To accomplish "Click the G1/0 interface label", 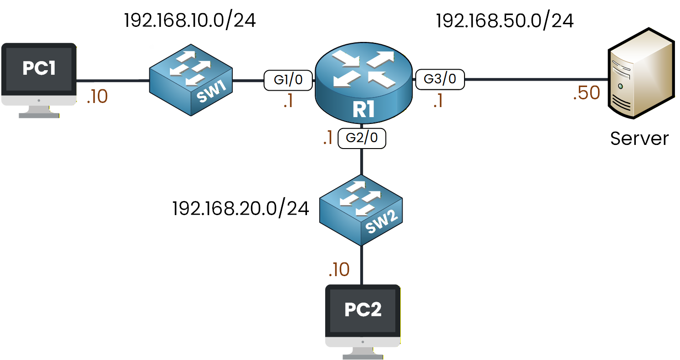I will coord(288,81).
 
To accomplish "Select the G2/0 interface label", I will coord(362,139).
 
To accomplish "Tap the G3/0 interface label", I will coord(440,80).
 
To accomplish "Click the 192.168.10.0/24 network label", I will coord(190,21).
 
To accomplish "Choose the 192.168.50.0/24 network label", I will coord(505,21).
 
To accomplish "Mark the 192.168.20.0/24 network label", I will coord(241,209).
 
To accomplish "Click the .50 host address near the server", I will coord(587,93).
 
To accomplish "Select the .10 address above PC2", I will coord(339,270).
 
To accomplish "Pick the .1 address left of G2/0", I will coord(327,139).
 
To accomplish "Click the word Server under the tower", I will coord(639,138).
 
